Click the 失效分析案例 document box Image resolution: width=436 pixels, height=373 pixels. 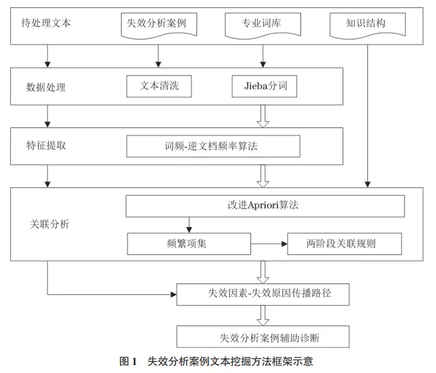pos(157,25)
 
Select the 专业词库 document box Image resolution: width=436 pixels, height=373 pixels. pos(263,25)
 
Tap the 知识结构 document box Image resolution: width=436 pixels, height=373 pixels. pos(365,23)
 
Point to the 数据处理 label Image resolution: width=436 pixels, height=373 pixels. pos(45,87)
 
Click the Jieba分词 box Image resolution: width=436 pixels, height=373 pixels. pos(263,86)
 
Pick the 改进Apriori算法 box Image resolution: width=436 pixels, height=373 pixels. pos(265,206)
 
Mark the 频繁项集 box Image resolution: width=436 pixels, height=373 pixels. pos(188,244)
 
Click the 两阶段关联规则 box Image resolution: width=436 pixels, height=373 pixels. pos(343,244)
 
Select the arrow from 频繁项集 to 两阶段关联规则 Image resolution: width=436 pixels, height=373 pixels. pos(268,244)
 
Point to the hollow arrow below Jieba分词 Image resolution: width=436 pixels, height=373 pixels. pos(263,115)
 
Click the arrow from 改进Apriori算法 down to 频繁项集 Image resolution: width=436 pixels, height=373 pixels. pos(190,225)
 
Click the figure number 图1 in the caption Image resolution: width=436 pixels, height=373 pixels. pos(128,361)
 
